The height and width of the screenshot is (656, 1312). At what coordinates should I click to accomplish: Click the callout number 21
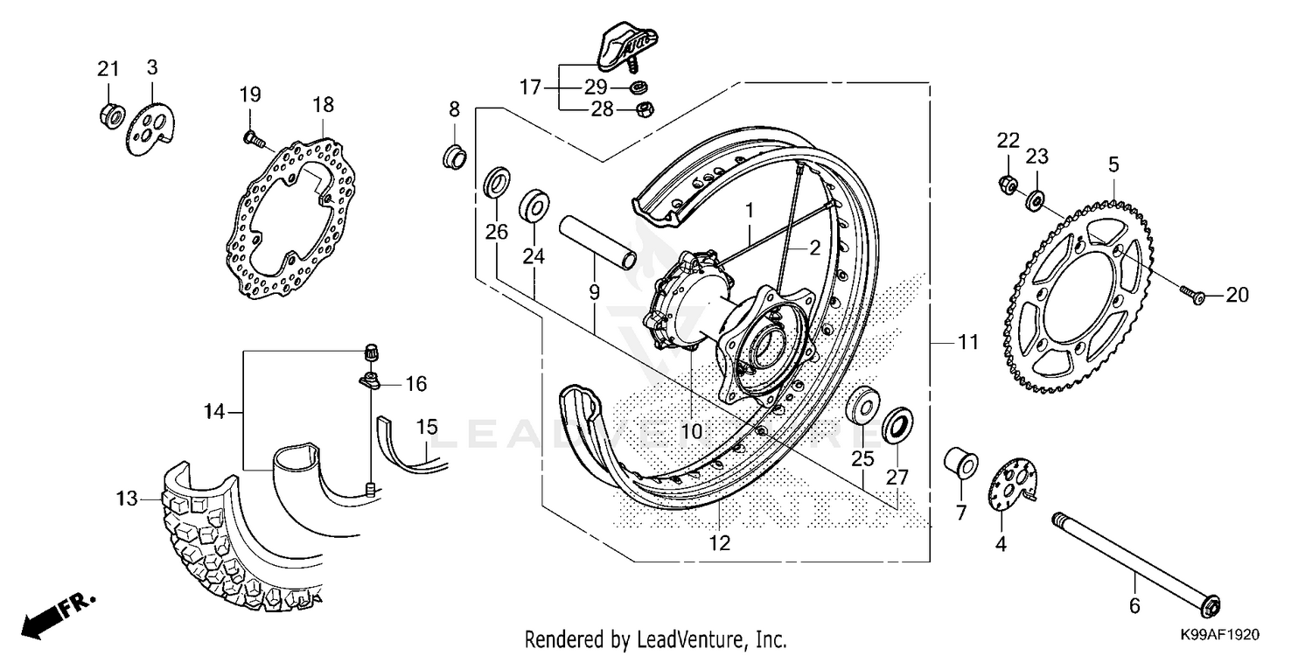tap(107, 69)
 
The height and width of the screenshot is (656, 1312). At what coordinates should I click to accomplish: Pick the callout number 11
tap(966, 343)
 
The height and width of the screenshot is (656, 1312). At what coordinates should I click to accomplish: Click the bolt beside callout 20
tap(1191, 296)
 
